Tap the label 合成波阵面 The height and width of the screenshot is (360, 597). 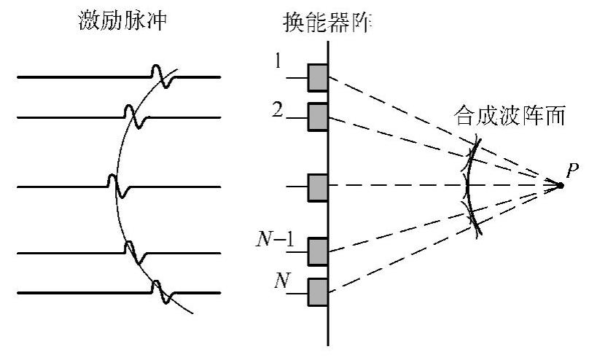coord(510,117)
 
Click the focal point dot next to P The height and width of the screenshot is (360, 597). coord(561,185)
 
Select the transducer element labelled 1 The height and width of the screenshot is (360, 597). coord(318,78)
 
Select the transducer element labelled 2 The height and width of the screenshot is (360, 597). coord(318,117)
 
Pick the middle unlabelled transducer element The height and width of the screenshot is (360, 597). coord(318,187)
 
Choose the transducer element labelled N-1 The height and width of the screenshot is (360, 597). coord(318,251)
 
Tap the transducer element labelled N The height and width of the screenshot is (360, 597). coord(318,292)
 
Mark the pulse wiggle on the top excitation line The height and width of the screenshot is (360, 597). coord(161,76)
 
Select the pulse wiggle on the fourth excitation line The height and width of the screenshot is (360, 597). coord(133,252)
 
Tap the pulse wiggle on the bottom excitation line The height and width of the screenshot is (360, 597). coord(161,292)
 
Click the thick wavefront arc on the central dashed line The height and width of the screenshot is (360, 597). coord(467,187)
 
